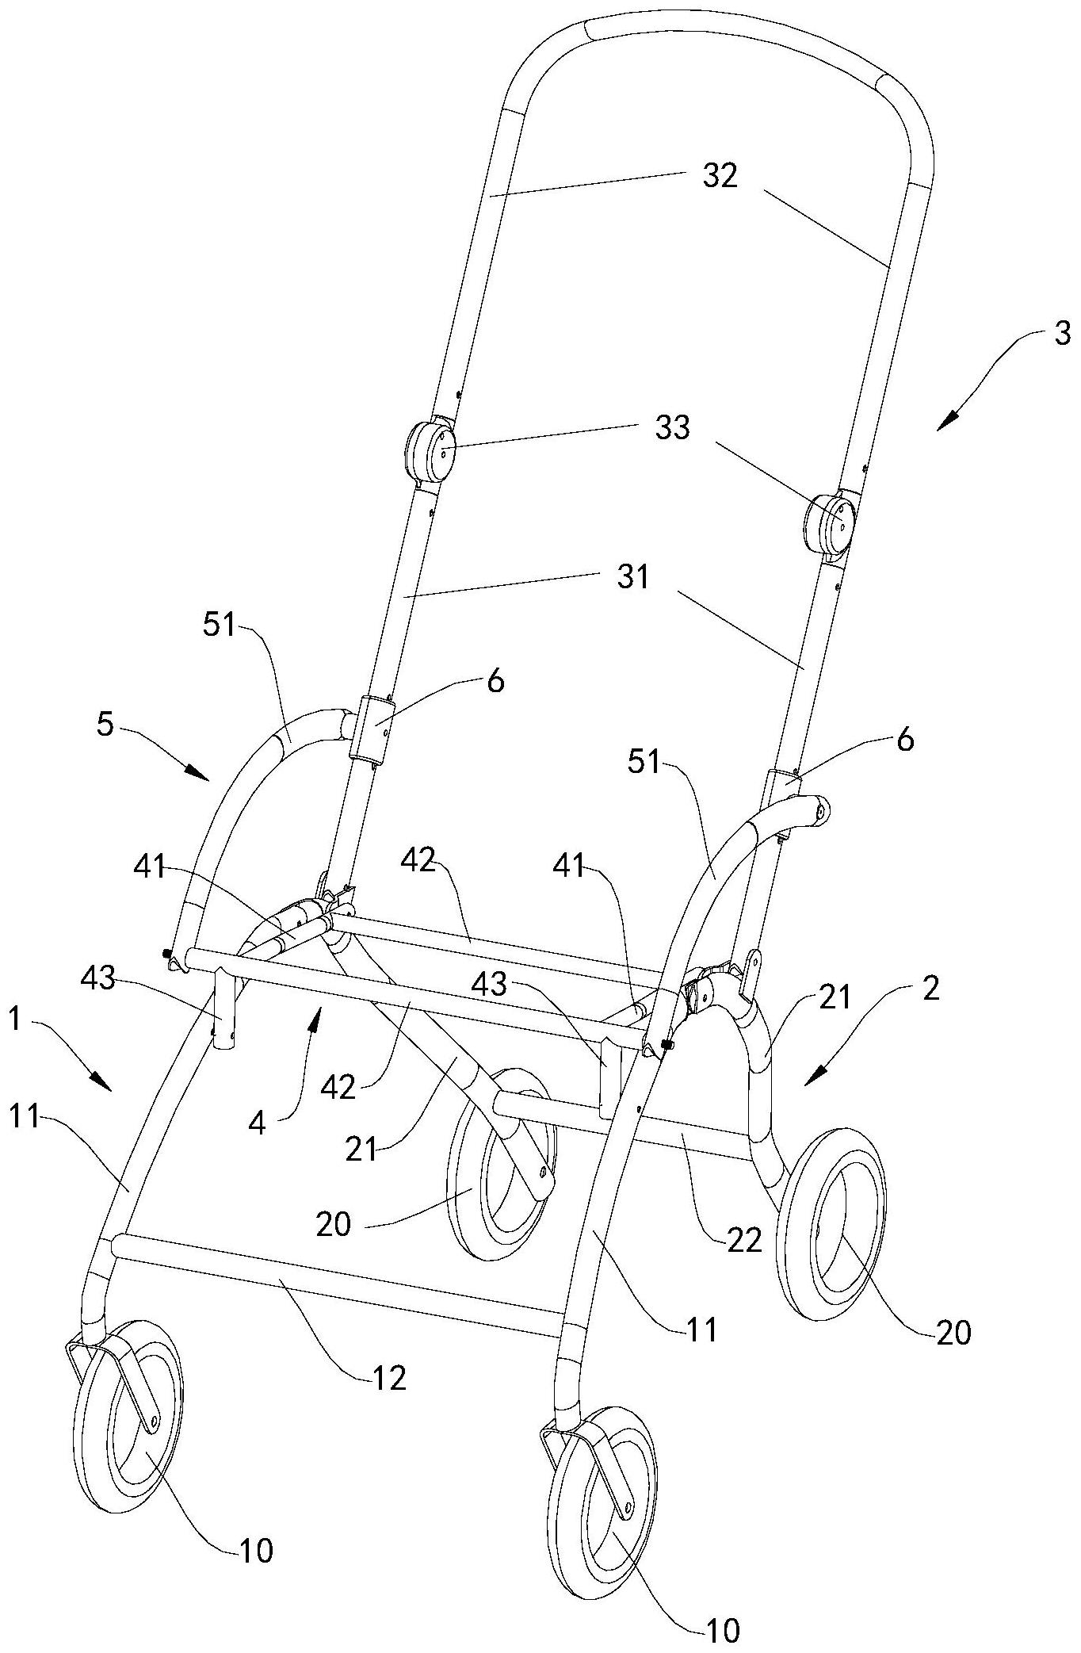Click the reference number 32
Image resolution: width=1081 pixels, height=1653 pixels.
click(x=720, y=176)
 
